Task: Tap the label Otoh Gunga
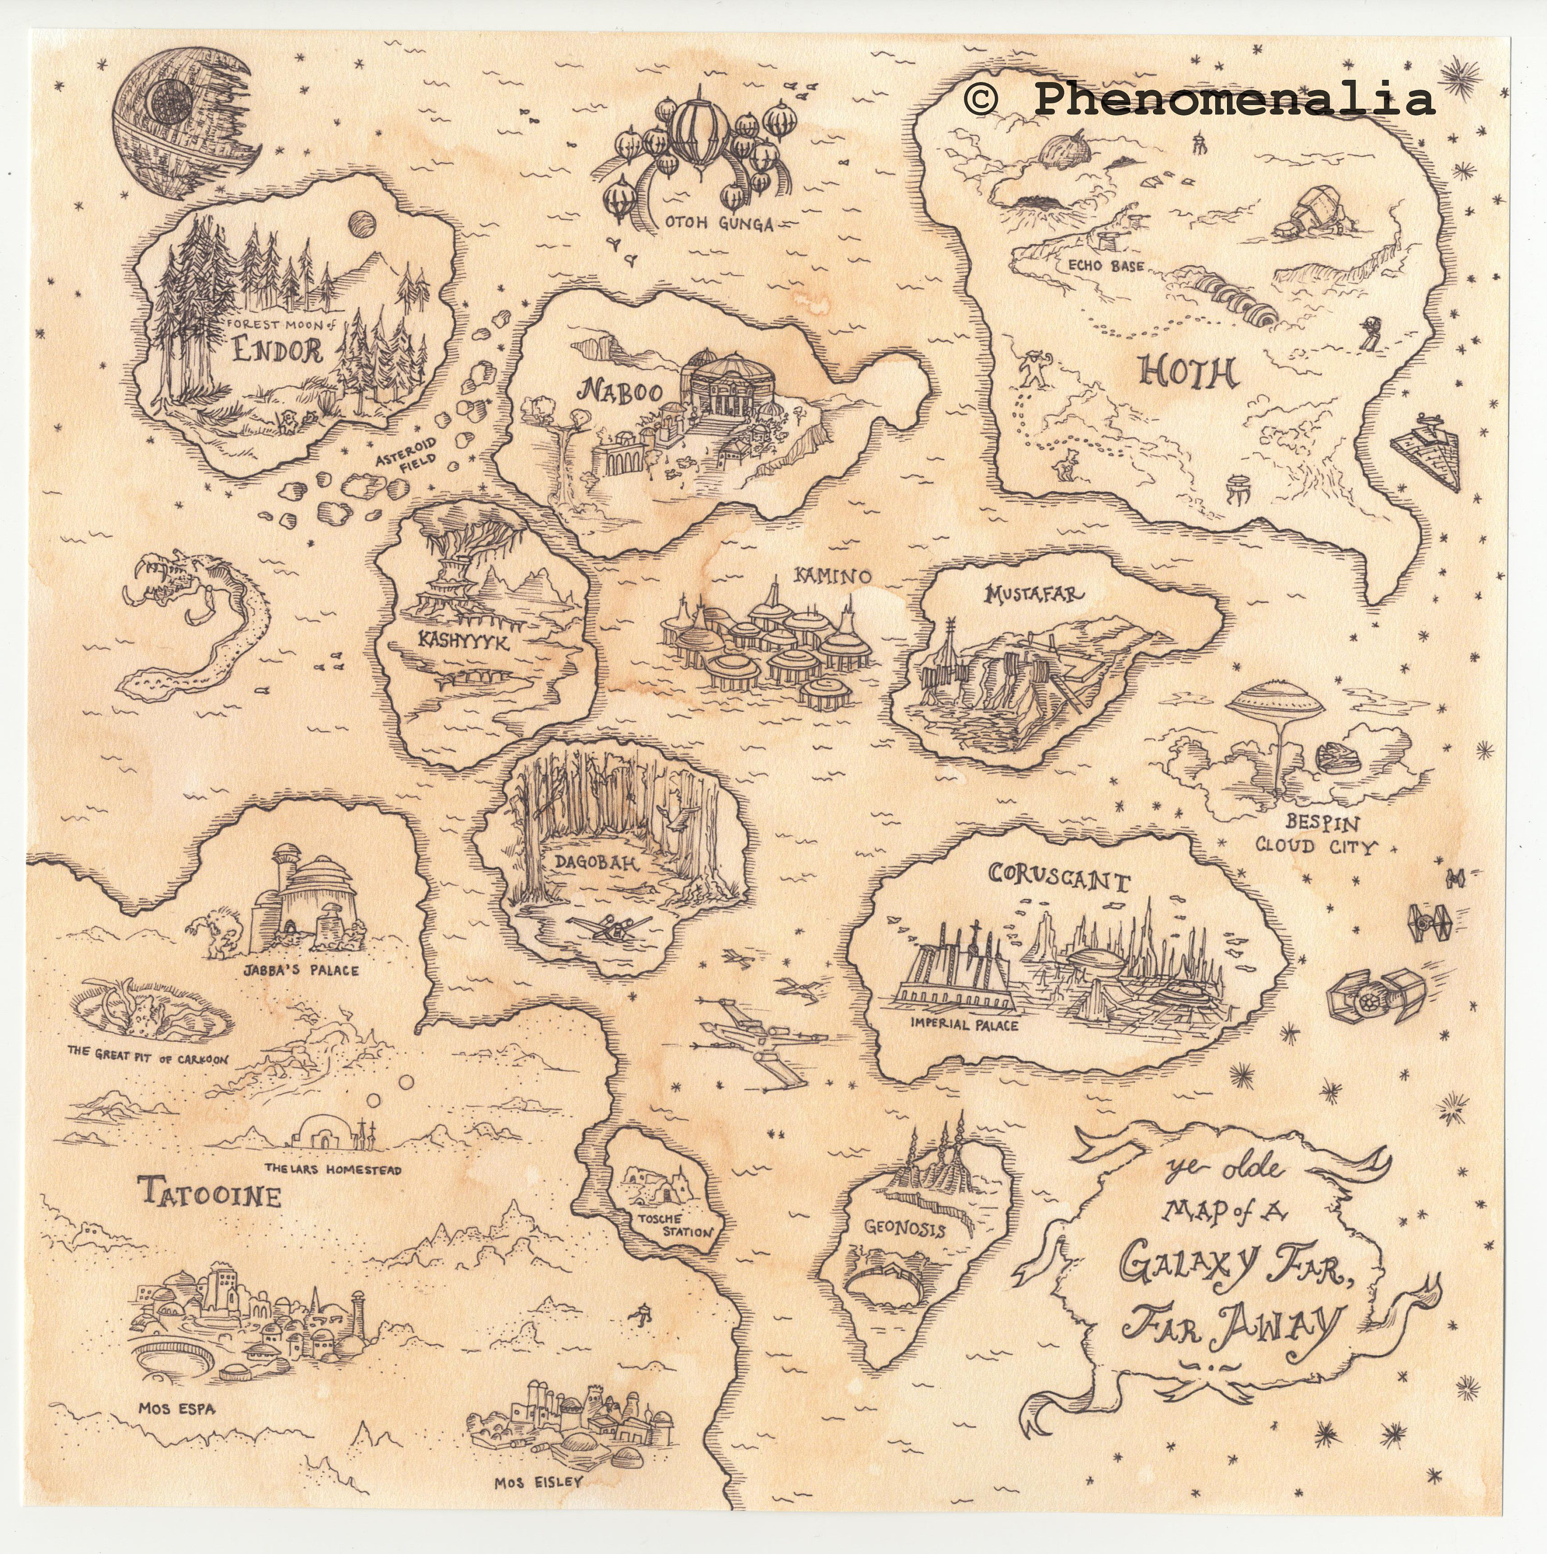(x=718, y=224)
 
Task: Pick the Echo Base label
(x=1105, y=266)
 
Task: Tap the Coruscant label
(x=1059, y=879)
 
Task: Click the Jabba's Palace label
(x=301, y=971)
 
